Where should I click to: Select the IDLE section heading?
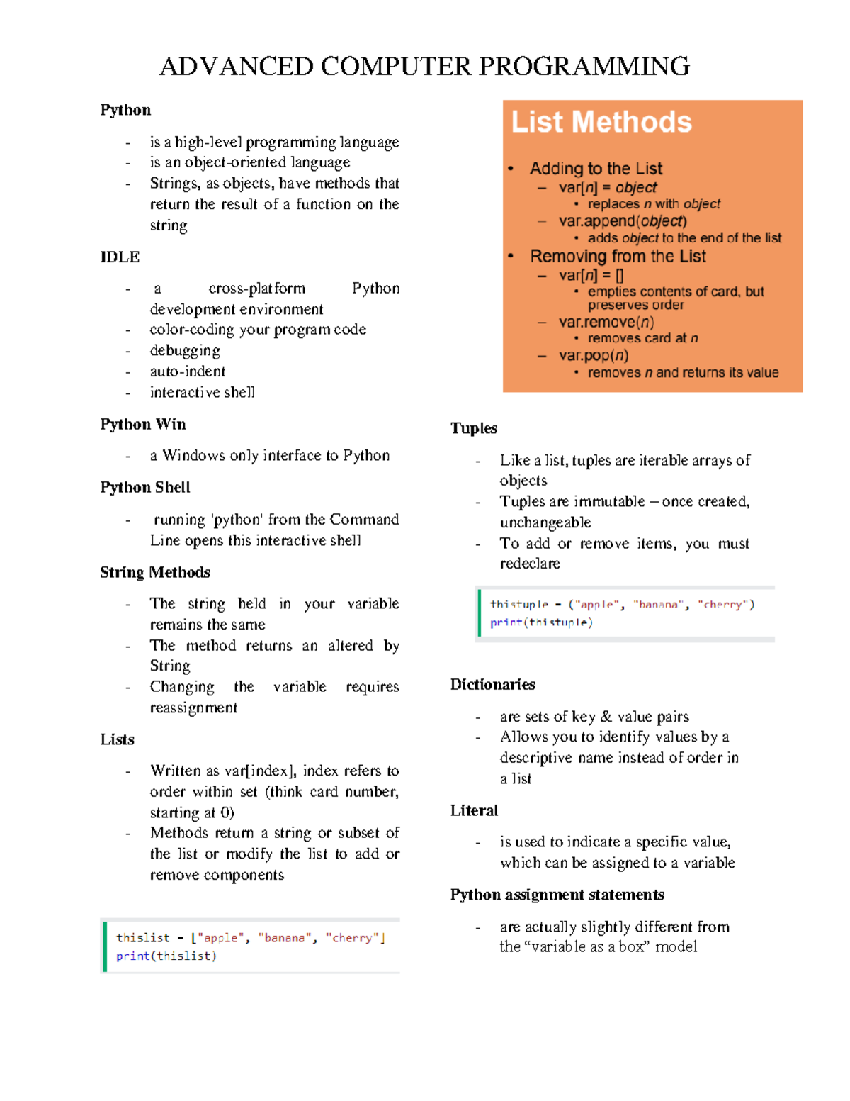point(120,257)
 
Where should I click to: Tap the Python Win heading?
point(143,424)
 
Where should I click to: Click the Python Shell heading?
point(145,487)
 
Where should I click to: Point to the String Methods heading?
point(155,572)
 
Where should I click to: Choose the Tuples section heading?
point(474,428)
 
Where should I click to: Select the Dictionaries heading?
point(493,684)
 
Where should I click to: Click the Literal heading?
point(474,810)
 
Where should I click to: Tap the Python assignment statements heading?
point(557,895)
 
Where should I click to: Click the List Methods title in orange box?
point(601,122)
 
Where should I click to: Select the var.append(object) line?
point(623,221)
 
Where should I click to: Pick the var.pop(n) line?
point(594,355)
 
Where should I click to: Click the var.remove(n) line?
point(606,322)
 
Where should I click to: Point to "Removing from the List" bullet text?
point(618,256)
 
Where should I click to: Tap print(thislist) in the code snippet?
point(166,956)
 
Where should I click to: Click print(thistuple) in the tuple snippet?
point(541,622)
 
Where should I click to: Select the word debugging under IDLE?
point(185,350)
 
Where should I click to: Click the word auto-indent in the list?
point(188,371)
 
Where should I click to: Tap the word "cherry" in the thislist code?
point(352,938)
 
